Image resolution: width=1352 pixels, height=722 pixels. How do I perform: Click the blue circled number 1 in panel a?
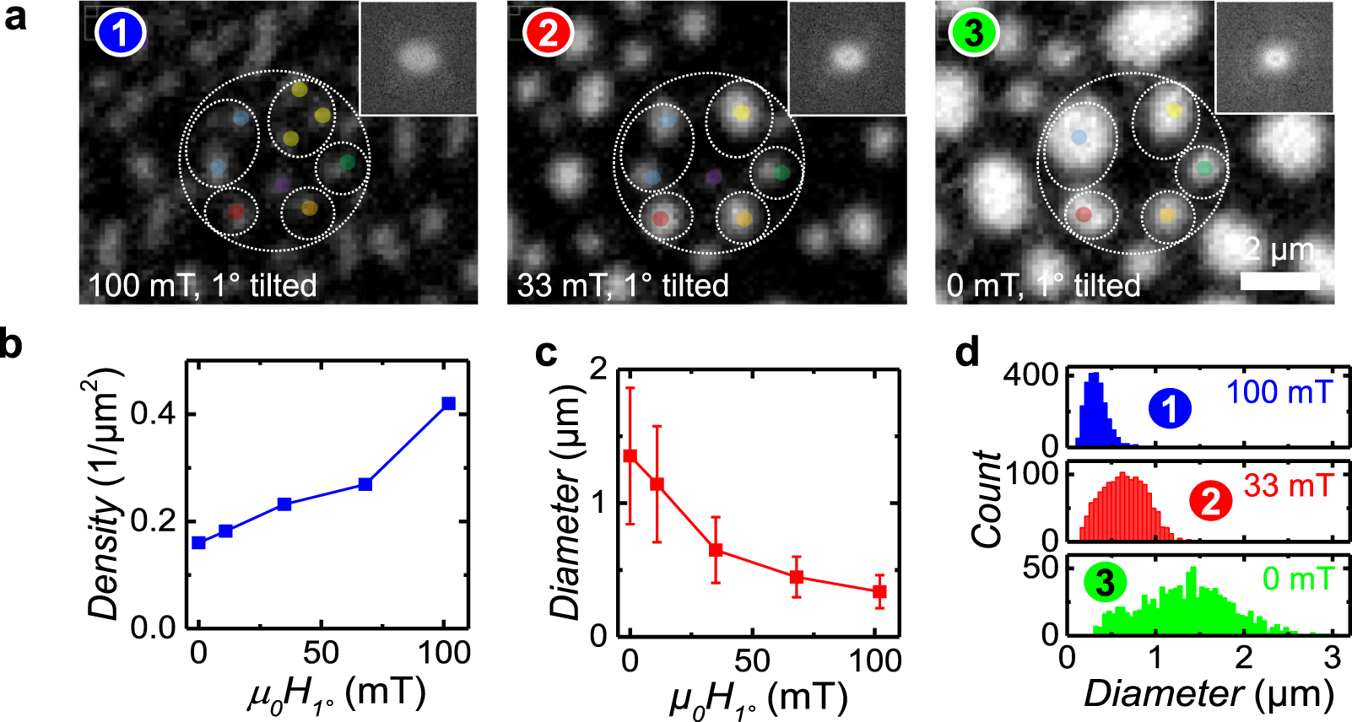(121, 33)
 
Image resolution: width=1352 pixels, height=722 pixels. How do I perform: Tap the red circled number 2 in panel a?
(548, 33)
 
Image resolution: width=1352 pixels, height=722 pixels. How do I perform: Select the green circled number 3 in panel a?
(973, 33)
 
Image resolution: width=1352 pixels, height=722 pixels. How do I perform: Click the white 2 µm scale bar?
(1279, 280)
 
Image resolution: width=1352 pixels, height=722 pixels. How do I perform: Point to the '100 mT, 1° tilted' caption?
(203, 285)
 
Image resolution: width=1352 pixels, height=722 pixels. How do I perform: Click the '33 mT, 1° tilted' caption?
(623, 285)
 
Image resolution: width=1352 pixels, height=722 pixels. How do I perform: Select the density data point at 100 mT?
(448, 403)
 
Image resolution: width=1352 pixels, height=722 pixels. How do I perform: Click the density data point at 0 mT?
(198, 542)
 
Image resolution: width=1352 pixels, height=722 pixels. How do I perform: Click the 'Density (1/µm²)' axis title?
(105, 493)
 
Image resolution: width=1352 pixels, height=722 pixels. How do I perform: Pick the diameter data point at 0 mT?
(630, 456)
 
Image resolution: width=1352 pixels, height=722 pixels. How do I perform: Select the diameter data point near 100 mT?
(879, 591)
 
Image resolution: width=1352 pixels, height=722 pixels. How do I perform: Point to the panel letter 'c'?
(547, 353)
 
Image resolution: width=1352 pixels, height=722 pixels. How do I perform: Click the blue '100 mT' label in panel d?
(1279, 391)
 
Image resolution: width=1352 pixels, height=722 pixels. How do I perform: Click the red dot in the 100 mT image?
(236, 212)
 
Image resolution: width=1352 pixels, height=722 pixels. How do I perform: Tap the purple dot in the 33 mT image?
(714, 177)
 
